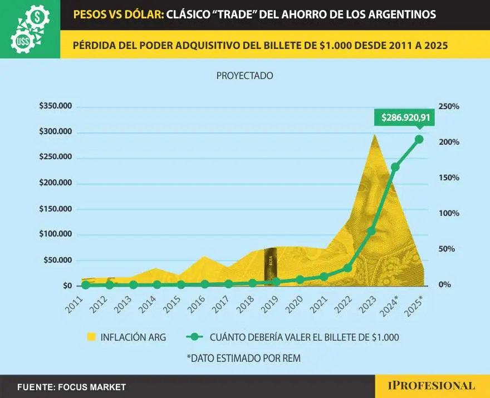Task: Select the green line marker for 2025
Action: [x=419, y=139]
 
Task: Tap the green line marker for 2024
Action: [x=395, y=167]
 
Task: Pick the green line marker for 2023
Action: [x=371, y=231]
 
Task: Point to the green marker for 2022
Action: [x=347, y=268]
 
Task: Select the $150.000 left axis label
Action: [x=55, y=209]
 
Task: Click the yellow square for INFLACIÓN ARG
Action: [x=92, y=336]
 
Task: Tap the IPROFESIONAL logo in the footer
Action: [x=432, y=386]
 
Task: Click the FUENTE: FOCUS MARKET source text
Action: [x=71, y=387]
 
